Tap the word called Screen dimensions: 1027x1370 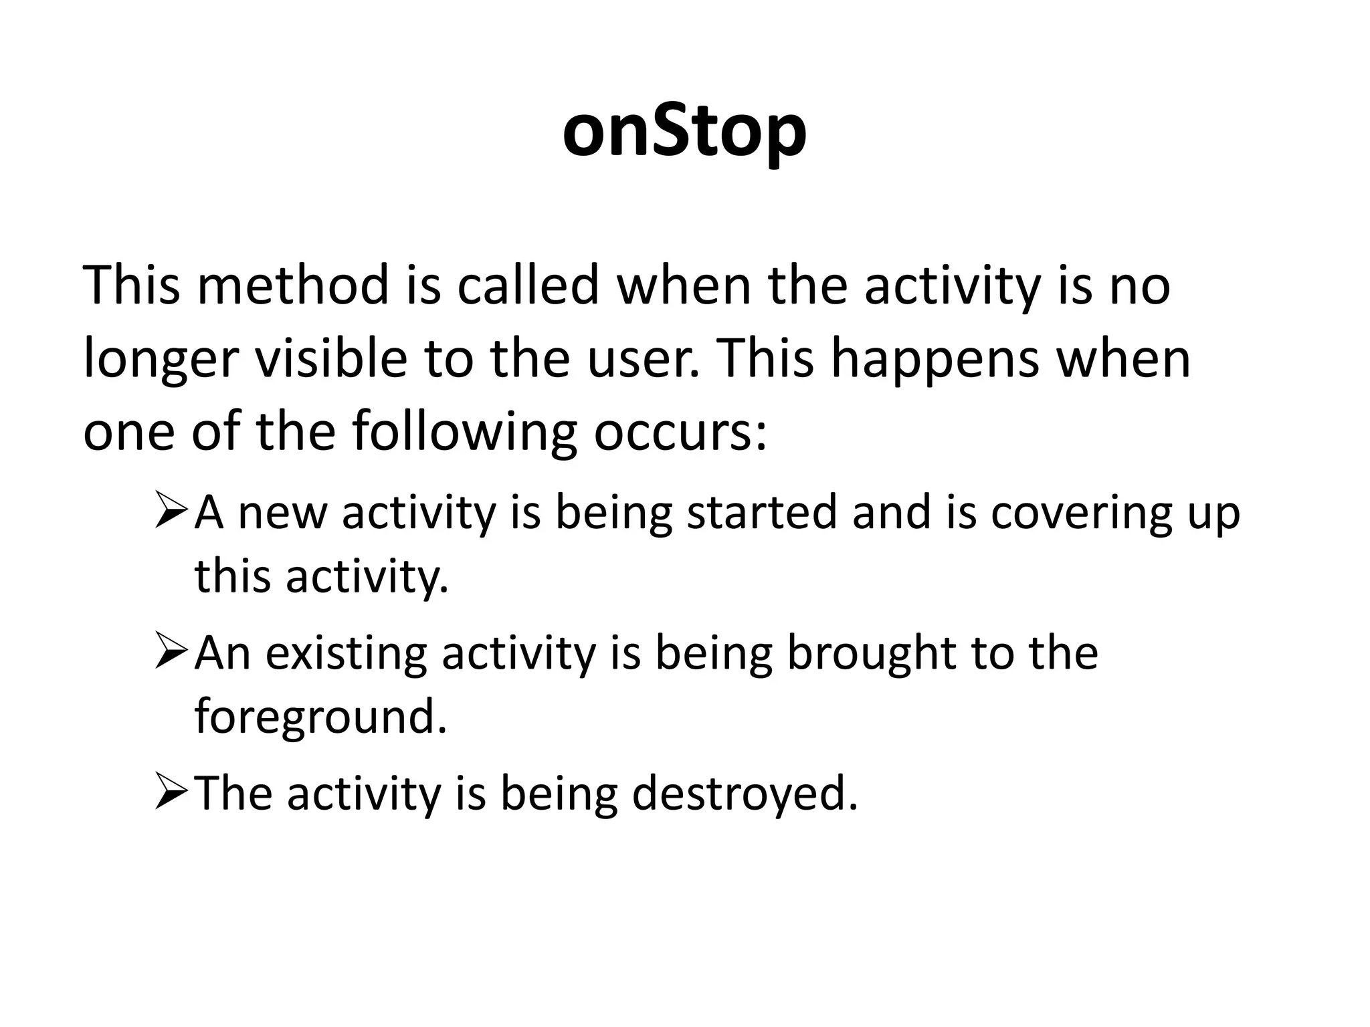coord(528,286)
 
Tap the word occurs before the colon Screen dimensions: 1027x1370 coord(676,433)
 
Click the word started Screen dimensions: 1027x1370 coord(762,512)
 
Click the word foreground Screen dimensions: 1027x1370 coord(320,717)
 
